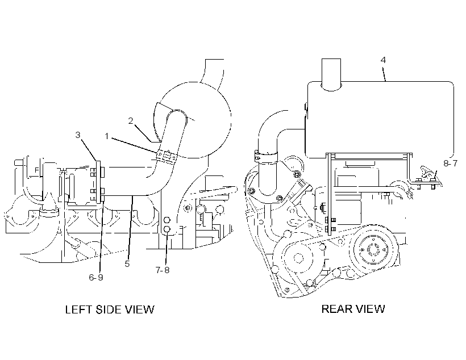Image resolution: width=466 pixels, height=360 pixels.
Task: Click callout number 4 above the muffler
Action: tap(383, 60)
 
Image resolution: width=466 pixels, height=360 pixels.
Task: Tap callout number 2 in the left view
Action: tap(131, 121)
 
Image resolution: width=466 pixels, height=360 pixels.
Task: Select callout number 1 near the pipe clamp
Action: tap(107, 136)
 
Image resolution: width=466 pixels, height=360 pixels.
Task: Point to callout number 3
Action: tap(77, 135)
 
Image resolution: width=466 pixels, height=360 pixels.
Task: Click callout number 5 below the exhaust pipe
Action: tap(127, 264)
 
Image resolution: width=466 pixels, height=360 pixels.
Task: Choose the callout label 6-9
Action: tap(96, 277)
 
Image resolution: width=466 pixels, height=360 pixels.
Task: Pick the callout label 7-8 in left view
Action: tap(163, 270)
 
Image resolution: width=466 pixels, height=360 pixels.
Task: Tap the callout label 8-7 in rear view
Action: tap(451, 163)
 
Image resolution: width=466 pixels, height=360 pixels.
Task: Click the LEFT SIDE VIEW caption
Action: tap(110, 309)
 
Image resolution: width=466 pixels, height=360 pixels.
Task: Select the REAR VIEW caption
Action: tap(353, 309)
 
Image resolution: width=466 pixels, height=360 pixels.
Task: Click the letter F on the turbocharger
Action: tap(36, 170)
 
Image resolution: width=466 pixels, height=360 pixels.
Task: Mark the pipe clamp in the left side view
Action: tap(167, 157)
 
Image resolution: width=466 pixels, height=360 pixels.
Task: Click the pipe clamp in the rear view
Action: tap(266, 156)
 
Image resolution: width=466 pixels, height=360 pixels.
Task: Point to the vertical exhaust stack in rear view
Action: tap(331, 74)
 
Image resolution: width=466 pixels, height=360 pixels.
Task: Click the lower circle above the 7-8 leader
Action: tap(167, 229)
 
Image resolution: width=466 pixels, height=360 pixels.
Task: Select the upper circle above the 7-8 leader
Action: tap(167, 220)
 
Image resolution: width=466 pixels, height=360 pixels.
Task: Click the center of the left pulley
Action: tap(298, 258)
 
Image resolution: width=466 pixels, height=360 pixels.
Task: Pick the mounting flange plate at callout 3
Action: tap(99, 182)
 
